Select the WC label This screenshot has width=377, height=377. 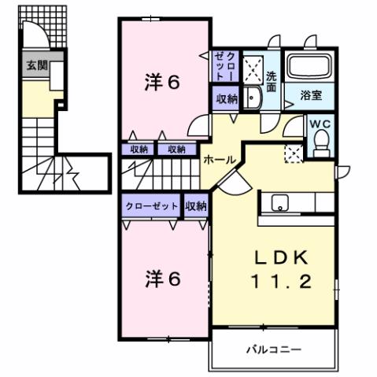click(320, 124)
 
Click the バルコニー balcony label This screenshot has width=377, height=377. click(273, 349)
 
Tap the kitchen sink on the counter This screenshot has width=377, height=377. click(280, 203)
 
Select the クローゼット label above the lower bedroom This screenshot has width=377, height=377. click(151, 205)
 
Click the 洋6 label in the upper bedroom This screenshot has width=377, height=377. click(164, 83)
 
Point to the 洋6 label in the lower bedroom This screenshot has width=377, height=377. click(164, 279)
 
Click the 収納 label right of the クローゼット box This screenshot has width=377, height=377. click(196, 205)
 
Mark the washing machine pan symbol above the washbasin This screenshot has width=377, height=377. click(253, 68)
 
